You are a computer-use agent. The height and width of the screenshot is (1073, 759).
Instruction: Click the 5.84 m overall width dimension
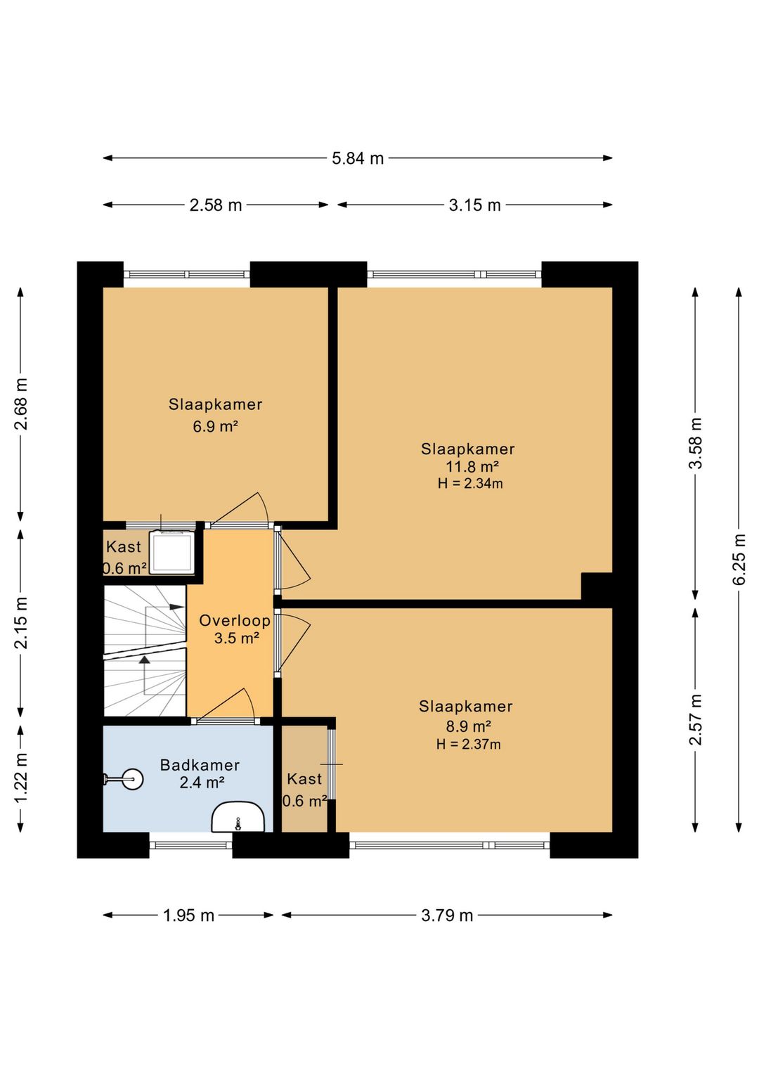358,158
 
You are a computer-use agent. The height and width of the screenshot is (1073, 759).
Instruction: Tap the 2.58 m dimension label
216,205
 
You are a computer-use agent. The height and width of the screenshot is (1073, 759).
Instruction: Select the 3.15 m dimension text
474,205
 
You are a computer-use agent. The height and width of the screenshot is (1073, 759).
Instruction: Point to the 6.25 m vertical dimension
739,559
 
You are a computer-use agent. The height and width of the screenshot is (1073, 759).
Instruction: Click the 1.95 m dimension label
188,915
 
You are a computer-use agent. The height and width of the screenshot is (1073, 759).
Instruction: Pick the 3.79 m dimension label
447,915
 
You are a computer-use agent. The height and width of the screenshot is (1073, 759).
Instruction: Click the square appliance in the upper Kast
172,551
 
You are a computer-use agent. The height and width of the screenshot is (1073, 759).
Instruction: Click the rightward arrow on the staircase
176,607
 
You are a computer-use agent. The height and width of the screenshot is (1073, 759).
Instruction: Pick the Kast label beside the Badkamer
304,779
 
